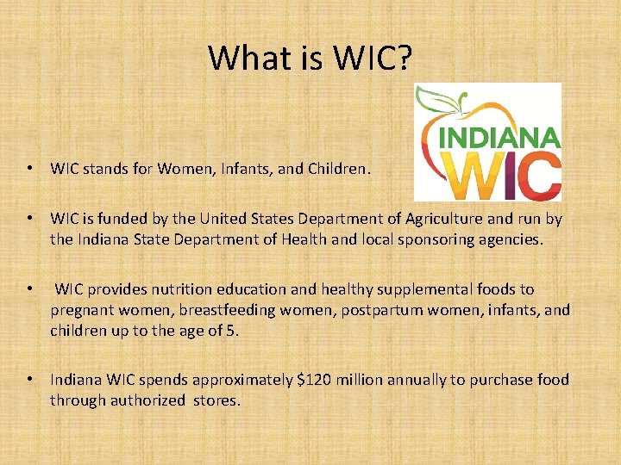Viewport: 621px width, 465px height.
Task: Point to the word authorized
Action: point(147,400)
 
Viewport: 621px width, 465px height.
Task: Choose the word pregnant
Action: point(82,310)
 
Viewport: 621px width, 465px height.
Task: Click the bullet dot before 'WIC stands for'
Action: point(30,170)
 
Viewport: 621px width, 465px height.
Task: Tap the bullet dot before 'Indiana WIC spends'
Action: point(30,380)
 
